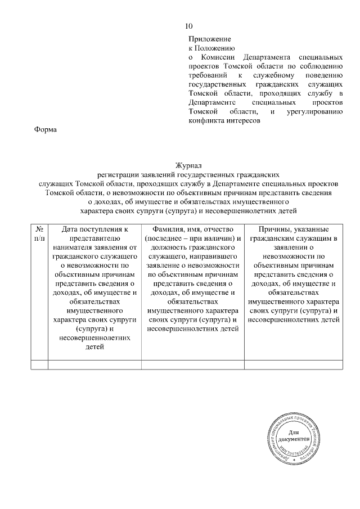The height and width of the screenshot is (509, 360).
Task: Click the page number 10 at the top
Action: tap(189, 26)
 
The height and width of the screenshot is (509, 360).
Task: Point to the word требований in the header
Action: tap(208, 75)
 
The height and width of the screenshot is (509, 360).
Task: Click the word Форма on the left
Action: tap(46, 130)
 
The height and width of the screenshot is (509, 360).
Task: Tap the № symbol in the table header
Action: tap(40, 229)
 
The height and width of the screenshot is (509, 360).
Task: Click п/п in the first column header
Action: tap(40, 238)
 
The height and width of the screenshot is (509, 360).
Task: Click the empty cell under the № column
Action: tap(40, 364)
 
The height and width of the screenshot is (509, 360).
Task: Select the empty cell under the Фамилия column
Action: tap(193, 364)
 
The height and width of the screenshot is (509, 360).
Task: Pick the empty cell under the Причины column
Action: tap(293, 364)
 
